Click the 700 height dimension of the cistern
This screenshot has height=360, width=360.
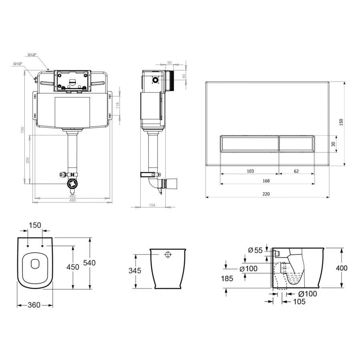(23, 130)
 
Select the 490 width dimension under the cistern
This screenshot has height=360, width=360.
(72, 201)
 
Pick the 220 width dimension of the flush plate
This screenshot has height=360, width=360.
(266, 194)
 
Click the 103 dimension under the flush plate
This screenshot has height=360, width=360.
(250, 171)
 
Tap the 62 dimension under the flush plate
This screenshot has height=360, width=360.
(296, 171)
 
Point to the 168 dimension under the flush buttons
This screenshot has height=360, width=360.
(266, 181)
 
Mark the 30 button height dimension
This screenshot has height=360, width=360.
(333, 144)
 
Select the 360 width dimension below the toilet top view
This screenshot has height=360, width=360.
(34, 305)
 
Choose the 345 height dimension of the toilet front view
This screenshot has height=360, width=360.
(135, 271)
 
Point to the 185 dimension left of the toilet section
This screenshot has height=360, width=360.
(227, 278)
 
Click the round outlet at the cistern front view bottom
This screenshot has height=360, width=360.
(72, 184)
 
